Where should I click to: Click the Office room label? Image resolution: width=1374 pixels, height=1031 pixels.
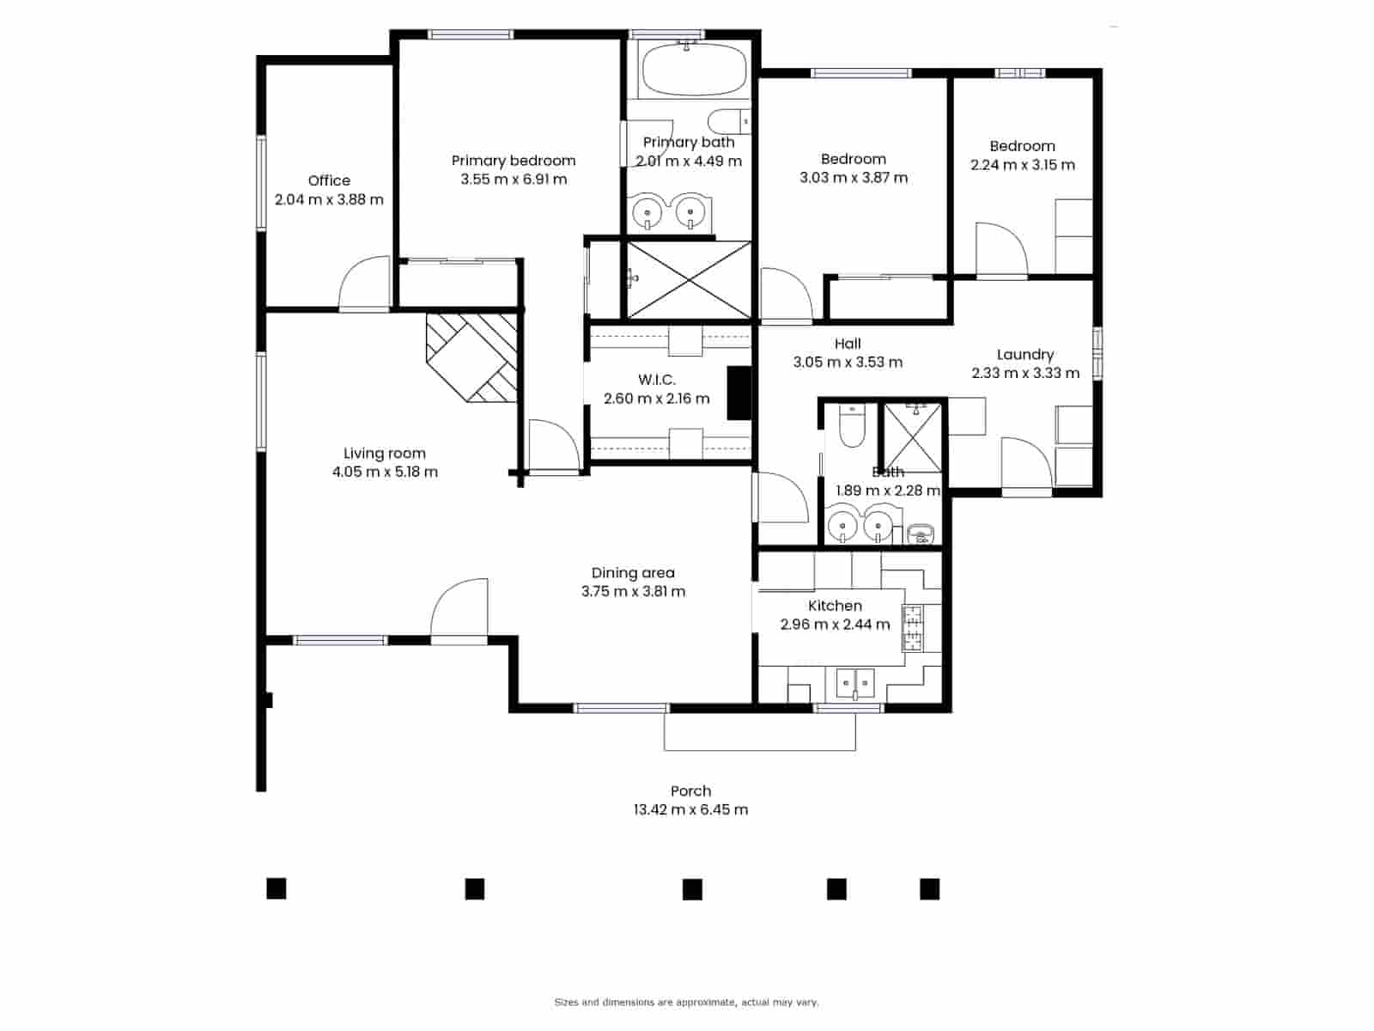(329, 180)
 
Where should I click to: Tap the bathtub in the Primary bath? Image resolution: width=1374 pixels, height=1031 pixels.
(694, 70)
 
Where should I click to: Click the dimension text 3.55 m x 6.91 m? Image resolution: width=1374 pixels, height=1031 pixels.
(514, 180)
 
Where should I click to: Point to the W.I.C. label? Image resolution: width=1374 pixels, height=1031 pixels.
(656, 380)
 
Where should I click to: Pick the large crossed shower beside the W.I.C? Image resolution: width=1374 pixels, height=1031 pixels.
(689, 279)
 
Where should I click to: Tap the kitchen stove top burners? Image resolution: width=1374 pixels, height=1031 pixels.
(911, 627)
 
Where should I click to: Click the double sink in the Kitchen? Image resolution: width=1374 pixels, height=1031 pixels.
(855, 684)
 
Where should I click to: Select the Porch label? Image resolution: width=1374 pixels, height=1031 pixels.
(690, 791)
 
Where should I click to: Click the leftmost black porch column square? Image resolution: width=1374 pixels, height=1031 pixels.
(276, 888)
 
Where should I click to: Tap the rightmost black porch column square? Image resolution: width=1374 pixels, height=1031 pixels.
(929, 888)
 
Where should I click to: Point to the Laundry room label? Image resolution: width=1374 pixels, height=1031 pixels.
(1024, 355)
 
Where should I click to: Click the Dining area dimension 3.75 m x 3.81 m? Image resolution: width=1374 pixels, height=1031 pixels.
(633, 592)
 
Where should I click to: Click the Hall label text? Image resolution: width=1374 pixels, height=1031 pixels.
(848, 344)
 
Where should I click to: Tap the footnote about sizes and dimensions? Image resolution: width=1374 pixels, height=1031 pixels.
(686, 1002)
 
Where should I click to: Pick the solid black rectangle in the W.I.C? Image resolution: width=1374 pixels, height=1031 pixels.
(739, 393)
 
